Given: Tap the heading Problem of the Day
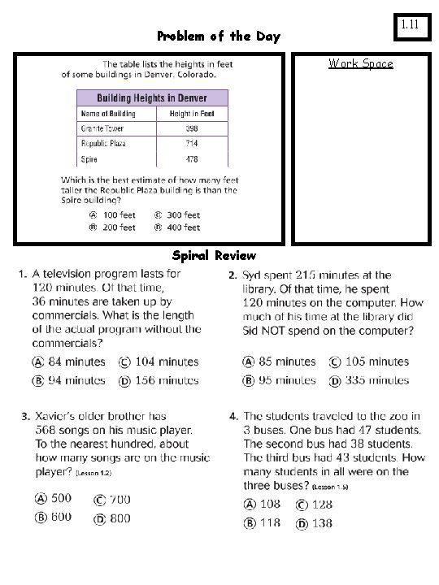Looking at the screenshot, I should (218, 36).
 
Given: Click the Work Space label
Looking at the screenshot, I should (360, 63).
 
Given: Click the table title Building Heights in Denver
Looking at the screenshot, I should (152, 97).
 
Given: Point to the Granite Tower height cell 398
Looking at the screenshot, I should (191, 128).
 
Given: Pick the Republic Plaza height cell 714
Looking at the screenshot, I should (191, 143).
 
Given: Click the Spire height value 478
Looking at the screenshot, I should (191, 158).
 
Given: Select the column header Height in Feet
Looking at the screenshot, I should (192, 114).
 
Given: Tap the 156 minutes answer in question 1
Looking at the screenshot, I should (157, 380).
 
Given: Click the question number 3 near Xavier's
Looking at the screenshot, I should (26, 417).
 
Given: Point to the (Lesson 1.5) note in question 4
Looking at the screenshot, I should (330, 486).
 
